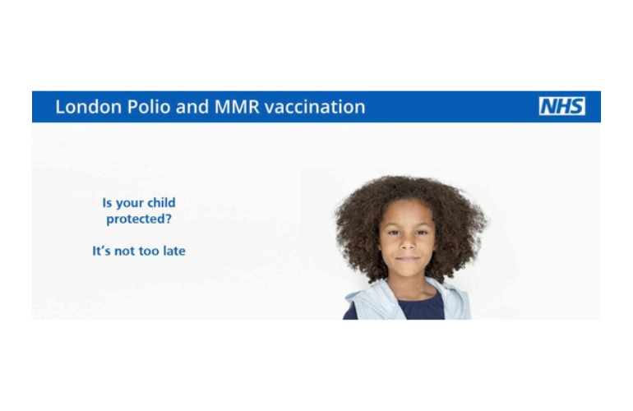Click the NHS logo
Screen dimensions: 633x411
pyautogui.click(x=562, y=106)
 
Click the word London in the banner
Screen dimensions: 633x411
pyautogui.click(x=89, y=107)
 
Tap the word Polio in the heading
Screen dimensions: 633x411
pyautogui.click(x=149, y=107)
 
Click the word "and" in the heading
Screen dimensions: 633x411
pyautogui.click(x=192, y=107)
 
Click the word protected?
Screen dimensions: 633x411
pyautogui.click(x=139, y=219)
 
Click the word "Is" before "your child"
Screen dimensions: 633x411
pyautogui.click(x=107, y=203)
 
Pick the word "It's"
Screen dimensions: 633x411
pyautogui.click(x=101, y=251)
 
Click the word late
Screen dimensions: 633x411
pyautogui.click(x=174, y=251)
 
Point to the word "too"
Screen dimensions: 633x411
pyautogui.click(x=149, y=252)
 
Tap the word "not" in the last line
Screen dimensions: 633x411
pyautogui.click(x=125, y=252)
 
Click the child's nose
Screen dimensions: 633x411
pyautogui.click(x=407, y=243)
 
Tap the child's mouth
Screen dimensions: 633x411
pyautogui.click(x=407, y=258)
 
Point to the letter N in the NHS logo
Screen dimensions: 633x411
pyautogui.click(x=548, y=106)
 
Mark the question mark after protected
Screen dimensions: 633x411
pyautogui.click(x=169, y=219)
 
